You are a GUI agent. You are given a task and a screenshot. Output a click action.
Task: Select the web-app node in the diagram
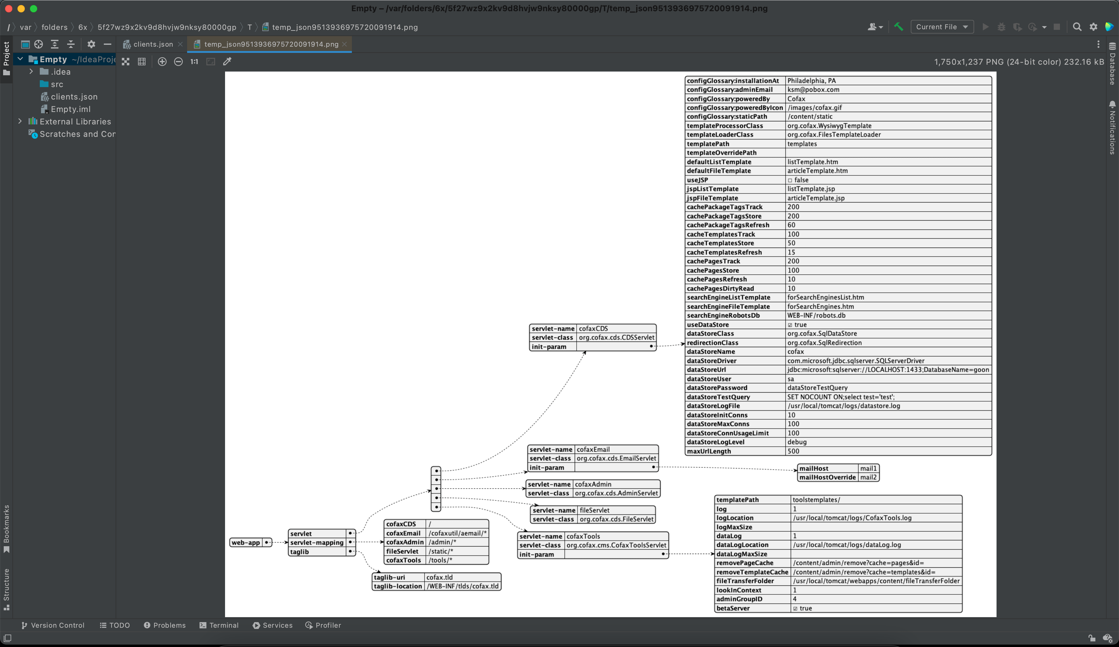[x=246, y=542]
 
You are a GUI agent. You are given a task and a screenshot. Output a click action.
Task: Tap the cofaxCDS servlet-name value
[x=593, y=329]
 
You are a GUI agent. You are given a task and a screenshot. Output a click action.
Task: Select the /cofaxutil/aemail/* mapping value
[x=457, y=533]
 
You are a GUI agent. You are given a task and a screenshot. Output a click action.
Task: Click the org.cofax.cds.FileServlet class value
[x=616, y=519]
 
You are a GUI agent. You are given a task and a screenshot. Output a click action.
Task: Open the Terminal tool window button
[x=219, y=626]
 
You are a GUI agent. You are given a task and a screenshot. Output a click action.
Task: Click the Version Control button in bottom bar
[x=53, y=626]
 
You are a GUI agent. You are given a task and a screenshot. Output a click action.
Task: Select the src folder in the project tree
[x=57, y=84]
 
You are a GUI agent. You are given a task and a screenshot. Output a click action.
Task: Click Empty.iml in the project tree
[x=70, y=109]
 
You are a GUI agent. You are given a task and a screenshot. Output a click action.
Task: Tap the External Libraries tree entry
[x=75, y=122]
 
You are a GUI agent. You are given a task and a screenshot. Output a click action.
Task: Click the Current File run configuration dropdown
[x=942, y=27]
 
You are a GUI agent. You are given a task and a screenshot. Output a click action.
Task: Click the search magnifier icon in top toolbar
[x=1077, y=27]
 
